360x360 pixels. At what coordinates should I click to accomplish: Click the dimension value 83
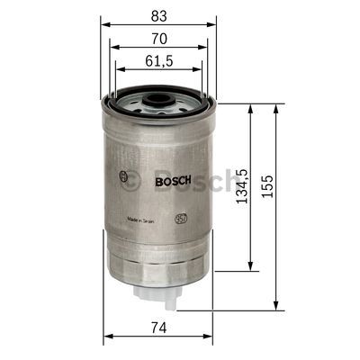[x=157, y=14]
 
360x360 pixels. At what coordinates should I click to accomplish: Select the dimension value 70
[x=157, y=39]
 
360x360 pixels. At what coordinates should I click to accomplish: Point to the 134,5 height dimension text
[x=240, y=186]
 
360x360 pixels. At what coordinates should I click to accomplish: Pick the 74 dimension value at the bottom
[x=157, y=328]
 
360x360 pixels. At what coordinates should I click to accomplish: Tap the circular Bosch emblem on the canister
[x=123, y=177]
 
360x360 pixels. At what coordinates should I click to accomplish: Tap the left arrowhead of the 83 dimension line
[x=103, y=24]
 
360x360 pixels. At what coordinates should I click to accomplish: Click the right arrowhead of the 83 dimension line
[x=214, y=24]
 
